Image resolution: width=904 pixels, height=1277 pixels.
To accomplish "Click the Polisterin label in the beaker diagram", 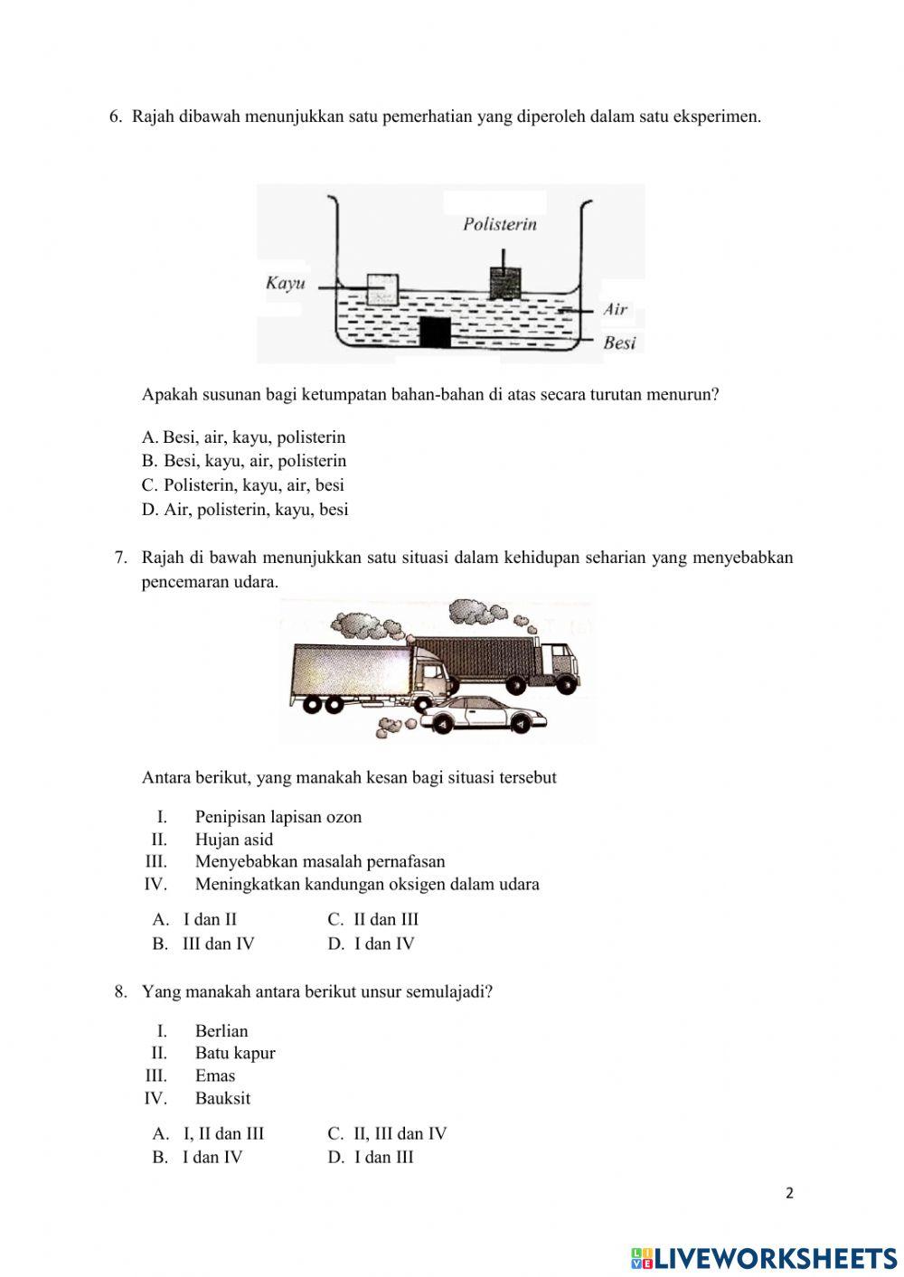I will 499,224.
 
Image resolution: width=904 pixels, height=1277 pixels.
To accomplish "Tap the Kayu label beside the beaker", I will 284,283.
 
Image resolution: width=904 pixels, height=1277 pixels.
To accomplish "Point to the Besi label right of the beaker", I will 619,343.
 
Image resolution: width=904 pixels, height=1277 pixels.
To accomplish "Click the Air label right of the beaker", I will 616,309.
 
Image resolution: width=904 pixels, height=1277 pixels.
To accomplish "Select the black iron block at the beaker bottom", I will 435,333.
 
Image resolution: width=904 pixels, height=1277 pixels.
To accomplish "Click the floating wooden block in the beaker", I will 382,288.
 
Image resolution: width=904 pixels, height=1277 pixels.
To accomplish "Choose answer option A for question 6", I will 243,437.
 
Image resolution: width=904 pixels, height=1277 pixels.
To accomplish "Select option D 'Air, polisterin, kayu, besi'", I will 245,509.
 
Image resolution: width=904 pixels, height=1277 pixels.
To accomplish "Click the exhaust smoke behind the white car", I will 395,723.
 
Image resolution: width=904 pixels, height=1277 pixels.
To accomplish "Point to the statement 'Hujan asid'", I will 234,839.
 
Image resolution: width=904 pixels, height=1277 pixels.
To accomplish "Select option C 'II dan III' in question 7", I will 372,919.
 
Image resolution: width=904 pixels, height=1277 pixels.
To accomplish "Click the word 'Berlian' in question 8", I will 221,1030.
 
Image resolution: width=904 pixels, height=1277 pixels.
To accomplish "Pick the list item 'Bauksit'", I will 222,1098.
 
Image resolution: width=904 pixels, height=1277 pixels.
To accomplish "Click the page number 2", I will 789,1193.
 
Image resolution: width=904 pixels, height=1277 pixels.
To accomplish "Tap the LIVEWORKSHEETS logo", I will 764,1257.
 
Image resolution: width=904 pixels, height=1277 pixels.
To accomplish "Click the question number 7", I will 120,558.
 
